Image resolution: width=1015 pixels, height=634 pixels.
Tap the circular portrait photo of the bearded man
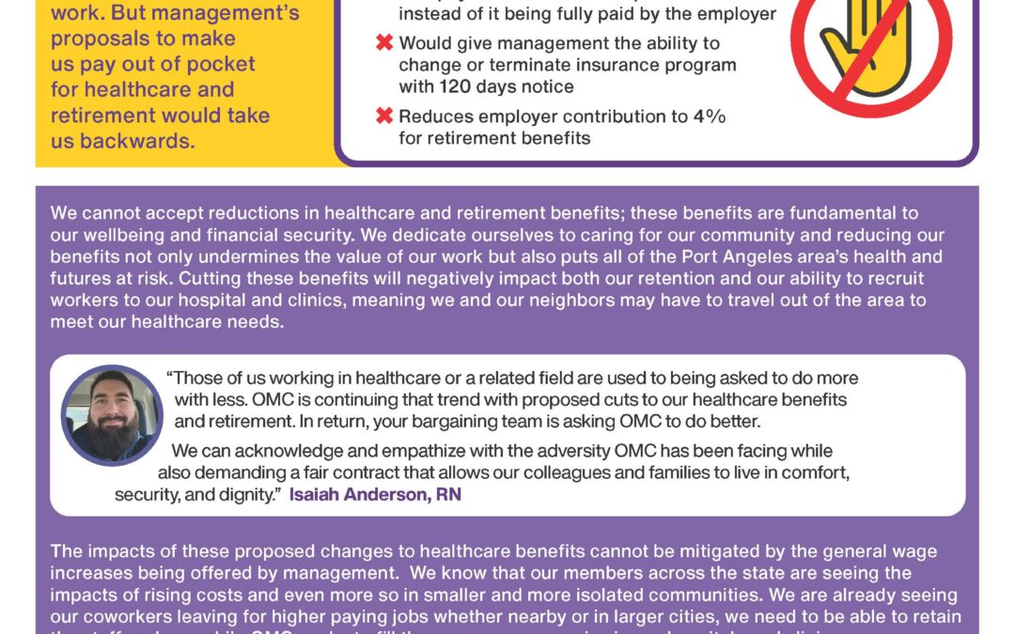[112, 414]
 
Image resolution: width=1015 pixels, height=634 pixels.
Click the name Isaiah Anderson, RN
[375, 494]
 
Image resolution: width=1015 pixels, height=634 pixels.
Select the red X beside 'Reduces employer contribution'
[383, 117]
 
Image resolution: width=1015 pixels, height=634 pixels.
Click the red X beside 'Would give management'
[383, 44]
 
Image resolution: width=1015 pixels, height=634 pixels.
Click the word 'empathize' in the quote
[396, 452]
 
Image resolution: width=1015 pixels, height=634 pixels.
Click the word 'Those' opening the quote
[198, 379]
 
